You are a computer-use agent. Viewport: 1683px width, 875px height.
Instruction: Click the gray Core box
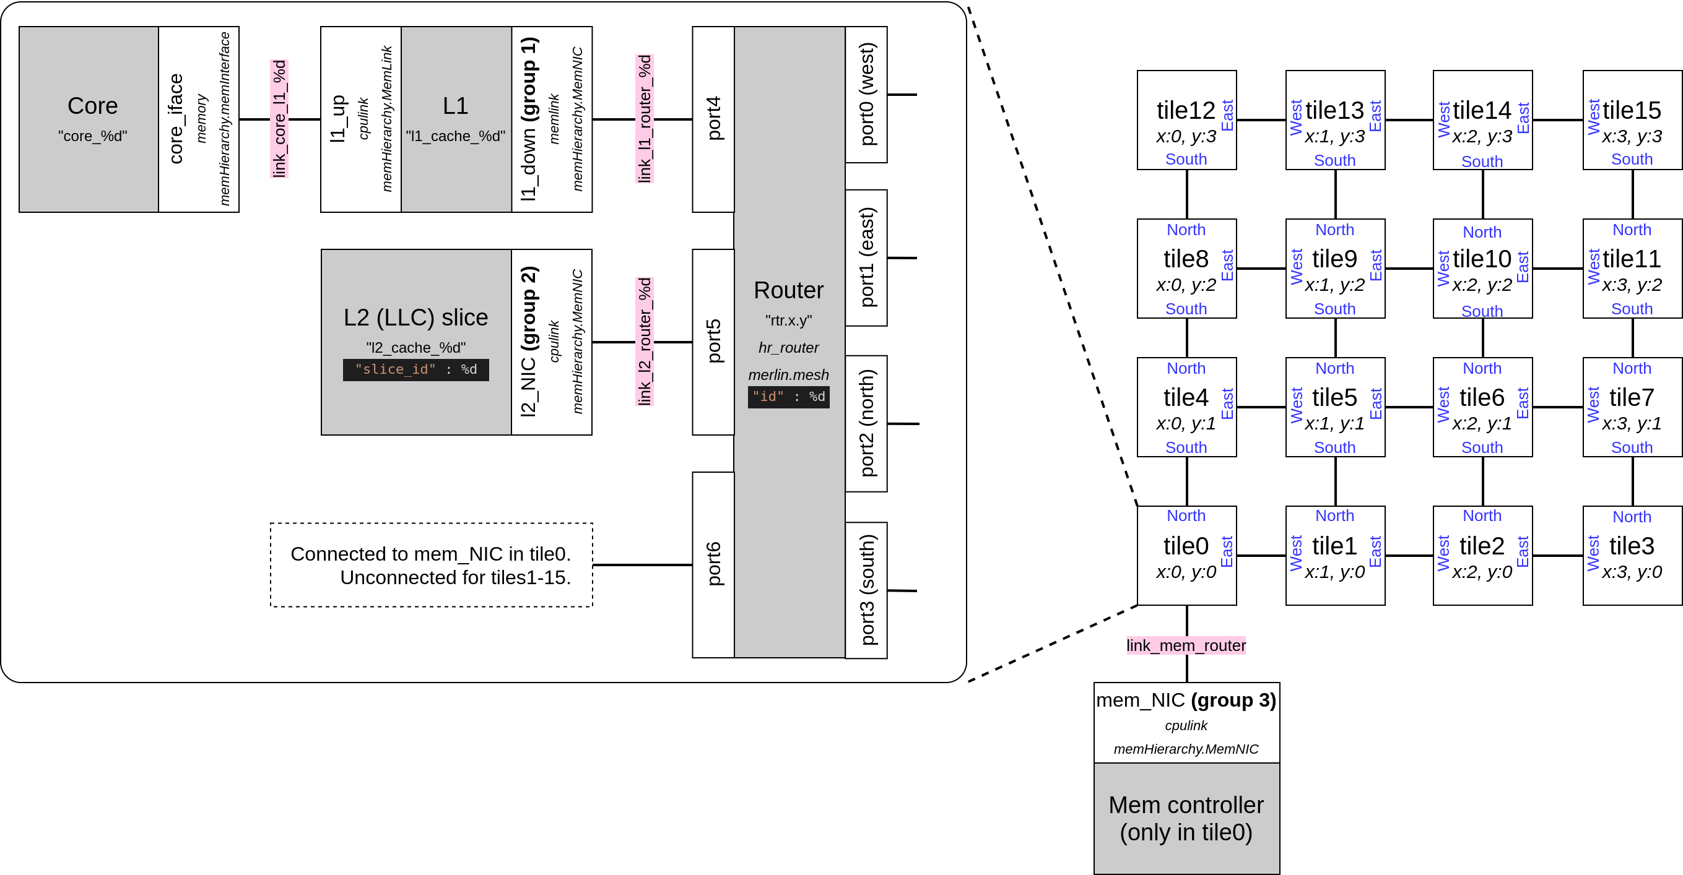(x=89, y=119)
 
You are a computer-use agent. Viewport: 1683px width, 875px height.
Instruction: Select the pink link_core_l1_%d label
(x=279, y=119)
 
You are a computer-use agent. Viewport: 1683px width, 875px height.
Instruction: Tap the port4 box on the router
(x=713, y=119)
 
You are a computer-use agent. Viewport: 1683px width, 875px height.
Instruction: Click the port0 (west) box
(x=866, y=95)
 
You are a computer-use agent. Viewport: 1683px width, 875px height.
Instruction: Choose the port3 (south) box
(x=866, y=590)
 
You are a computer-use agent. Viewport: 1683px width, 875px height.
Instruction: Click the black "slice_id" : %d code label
(x=415, y=369)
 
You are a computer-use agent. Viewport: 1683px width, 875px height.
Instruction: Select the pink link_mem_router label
(x=1185, y=645)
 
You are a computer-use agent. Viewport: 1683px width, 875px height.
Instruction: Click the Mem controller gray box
(x=1186, y=817)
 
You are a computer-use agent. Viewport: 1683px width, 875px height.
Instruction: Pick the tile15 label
(x=1631, y=110)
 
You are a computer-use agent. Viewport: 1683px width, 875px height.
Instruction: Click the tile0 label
(x=1185, y=546)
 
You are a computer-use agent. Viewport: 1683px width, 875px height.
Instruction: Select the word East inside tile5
(x=1375, y=403)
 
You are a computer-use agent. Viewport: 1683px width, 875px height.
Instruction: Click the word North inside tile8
(x=1185, y=230)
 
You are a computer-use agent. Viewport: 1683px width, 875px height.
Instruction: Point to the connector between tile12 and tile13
(x=1260, y=120)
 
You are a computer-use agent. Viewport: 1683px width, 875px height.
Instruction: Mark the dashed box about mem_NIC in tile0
(x=431, y=565)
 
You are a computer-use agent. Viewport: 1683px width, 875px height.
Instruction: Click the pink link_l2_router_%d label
(x=644, y=342)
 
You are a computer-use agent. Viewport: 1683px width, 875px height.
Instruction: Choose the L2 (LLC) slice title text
(x=415, y=317)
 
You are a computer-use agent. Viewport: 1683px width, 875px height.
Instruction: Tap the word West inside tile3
(x=1593, y=553)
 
